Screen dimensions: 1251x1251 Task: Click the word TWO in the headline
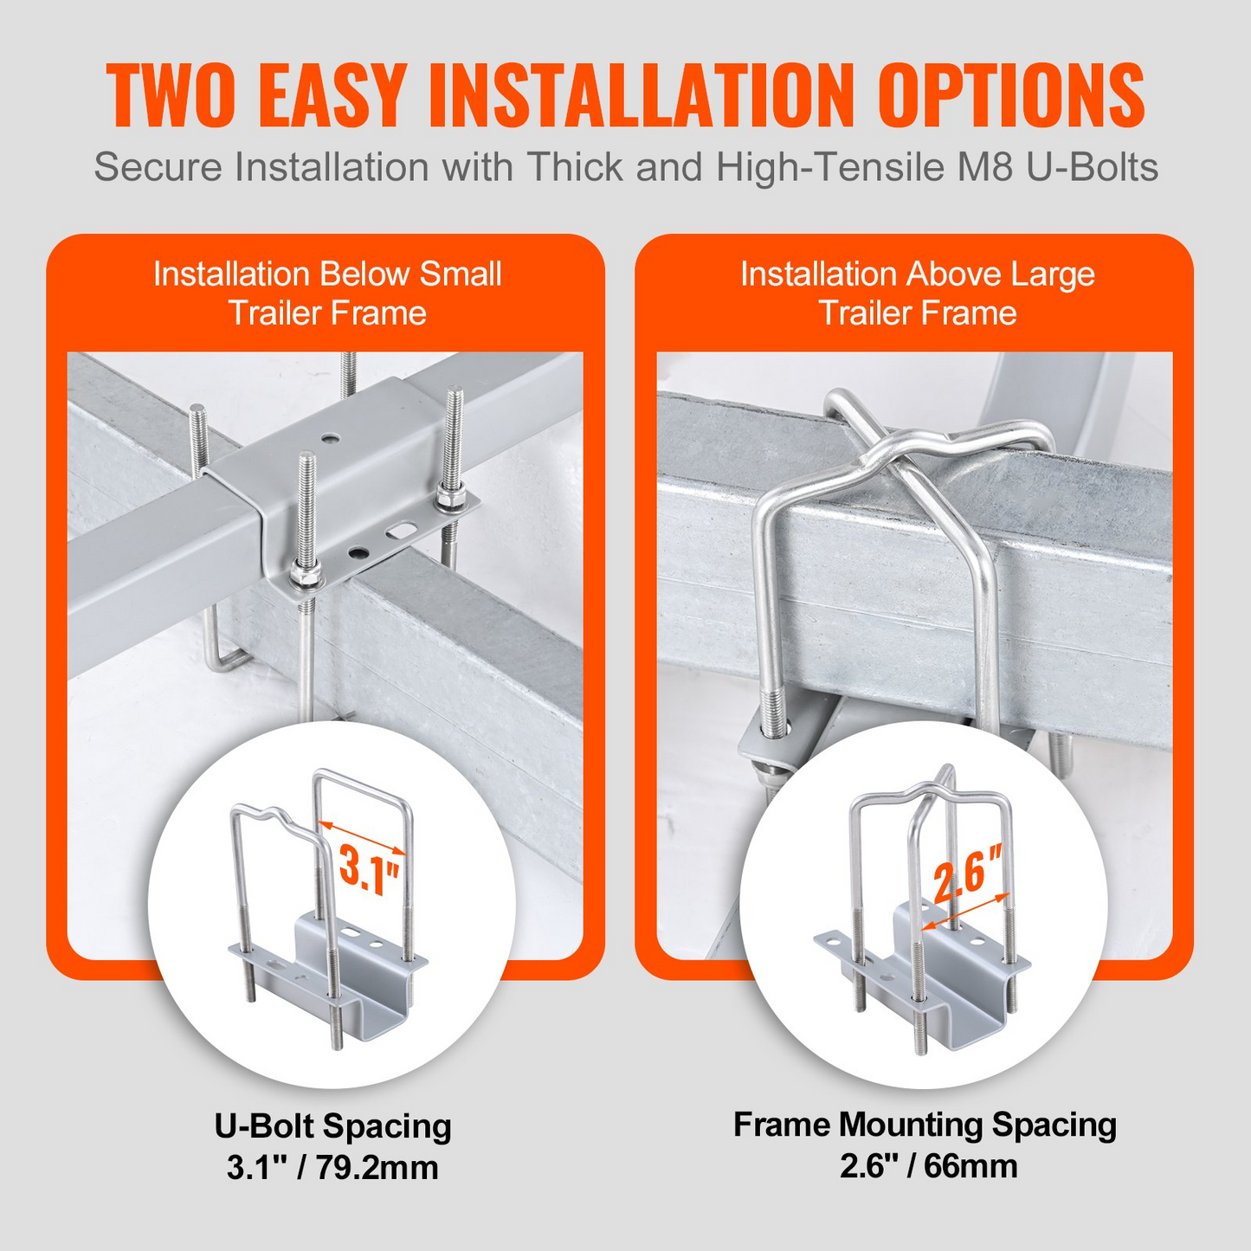170,94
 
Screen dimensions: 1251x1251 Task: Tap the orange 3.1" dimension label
369,869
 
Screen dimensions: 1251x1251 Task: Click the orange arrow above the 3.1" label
362,838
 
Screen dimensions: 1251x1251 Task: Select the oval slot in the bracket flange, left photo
401,531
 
